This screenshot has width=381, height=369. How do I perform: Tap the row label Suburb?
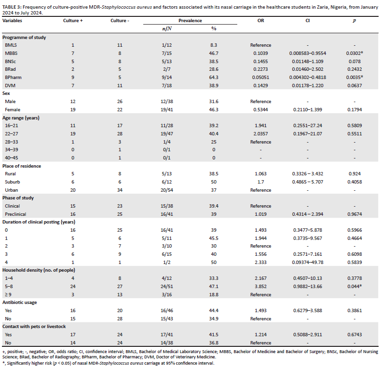(x=13, y=181)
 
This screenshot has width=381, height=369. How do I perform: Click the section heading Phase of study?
(x=18, y=198)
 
